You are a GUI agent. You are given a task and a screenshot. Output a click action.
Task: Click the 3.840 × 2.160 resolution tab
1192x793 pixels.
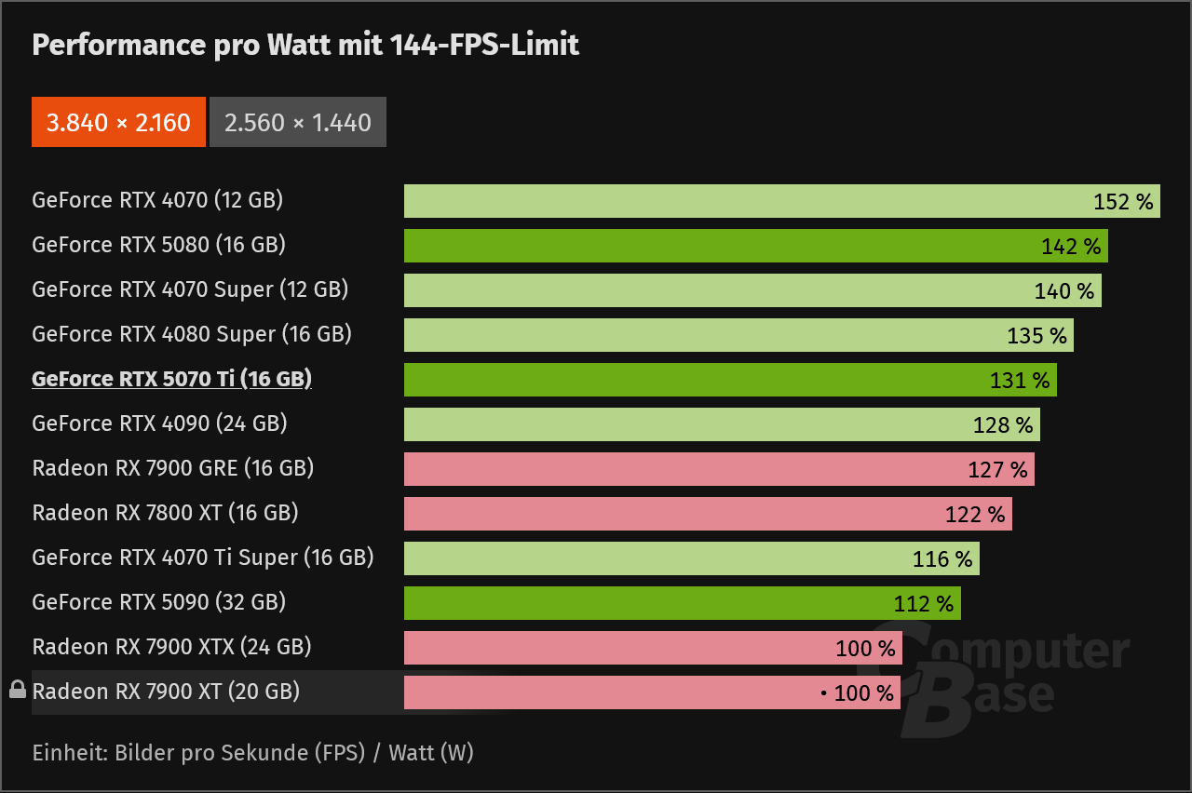click(x=118, y=122)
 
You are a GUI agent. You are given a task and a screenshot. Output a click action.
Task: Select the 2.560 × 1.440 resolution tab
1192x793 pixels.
click(x=298, y=122)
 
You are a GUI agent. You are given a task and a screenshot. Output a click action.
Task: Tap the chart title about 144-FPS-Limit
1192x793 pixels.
click(x=305, y=44)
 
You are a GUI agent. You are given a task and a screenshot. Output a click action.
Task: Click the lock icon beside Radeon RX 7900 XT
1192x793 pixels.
click(x=17, y=690)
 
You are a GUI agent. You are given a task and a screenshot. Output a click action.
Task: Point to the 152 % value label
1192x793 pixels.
click(x=1123, y=202)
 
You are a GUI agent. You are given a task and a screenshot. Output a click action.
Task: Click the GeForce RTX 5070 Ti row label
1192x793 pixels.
click(x=171, y=379)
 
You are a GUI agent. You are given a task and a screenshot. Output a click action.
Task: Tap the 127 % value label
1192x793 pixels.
click(x=997, y=470)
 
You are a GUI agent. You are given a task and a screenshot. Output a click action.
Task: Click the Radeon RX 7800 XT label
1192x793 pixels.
click(x=165, y=513)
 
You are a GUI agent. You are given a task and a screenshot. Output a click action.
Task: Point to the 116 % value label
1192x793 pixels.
click(x=942, y=559)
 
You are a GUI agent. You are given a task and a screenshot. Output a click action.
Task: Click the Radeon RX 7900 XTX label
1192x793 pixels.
click(x=171, y=647)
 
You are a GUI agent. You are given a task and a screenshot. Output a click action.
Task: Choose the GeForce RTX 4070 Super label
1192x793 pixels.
click(x=190, y=289)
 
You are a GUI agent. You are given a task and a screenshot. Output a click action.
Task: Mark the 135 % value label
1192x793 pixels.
click(x=1036, y=336)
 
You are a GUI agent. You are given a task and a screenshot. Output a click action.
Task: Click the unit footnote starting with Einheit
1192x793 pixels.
click(x=252, y=752)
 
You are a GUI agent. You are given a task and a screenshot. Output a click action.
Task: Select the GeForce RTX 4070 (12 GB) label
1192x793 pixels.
click(x=157, y=200)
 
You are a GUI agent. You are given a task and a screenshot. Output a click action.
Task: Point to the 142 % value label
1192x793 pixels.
click(x=1071, y=247)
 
